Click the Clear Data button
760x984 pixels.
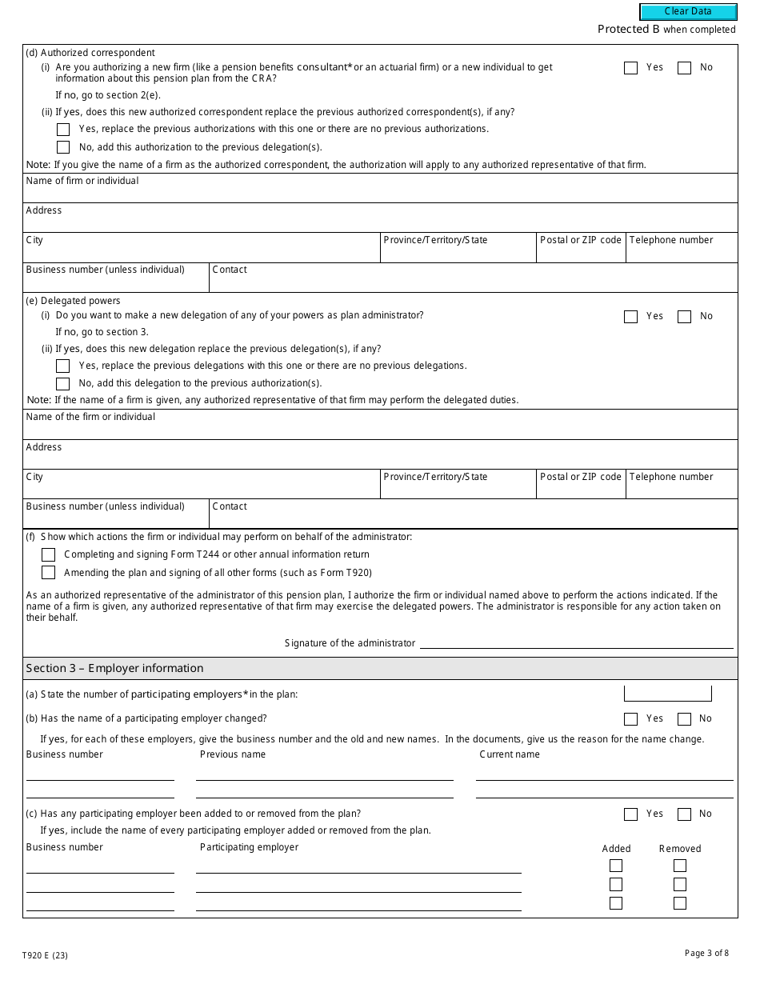(x=688, y=12)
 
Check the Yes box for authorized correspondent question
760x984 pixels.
(x=630, y=68)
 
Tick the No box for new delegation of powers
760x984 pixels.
(x=684, y=317)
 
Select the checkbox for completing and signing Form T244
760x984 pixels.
(x=49, y=554)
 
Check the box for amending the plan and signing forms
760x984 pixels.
(x=49, y=573)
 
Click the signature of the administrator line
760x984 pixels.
(x=576, y=643)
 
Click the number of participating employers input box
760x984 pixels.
(x=667, y=694)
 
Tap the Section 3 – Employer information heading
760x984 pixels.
(x=114, y=668)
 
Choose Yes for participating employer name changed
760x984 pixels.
(x=630, y=719)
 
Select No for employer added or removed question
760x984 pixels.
(x=684, y=814)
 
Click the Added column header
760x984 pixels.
(x=616, y=849)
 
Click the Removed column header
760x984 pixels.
(x=679, y=849)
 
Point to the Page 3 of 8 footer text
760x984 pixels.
(x=706, y=953)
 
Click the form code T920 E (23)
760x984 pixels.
(x=46, y=955)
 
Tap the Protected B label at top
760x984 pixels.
(x=629, y=30)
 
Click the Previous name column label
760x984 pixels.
(x=233, y=754)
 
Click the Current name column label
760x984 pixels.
(x=510, y=754)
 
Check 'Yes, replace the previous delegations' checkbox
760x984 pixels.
(x=63, y=366)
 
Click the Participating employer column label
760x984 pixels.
(x=249, y=847)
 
